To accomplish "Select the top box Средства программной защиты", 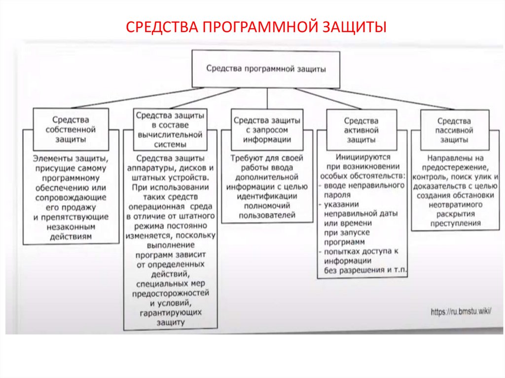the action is coord(266,69).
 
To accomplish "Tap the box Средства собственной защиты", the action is coord(71,130).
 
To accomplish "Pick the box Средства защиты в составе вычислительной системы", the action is coord(170,130).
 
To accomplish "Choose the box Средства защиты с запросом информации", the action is coord(267,130).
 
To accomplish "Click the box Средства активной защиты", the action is coord(361,130).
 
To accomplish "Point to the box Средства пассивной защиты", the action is coord(454,130).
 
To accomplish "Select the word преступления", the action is coord(454,223).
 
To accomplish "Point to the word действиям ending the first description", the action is coord(71,237).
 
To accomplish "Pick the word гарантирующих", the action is coord(170,313).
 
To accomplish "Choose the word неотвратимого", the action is coord(455,204).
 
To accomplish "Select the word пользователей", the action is coord(267,215).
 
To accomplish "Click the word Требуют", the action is coord(247,158).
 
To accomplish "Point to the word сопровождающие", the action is coord(72,197).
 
